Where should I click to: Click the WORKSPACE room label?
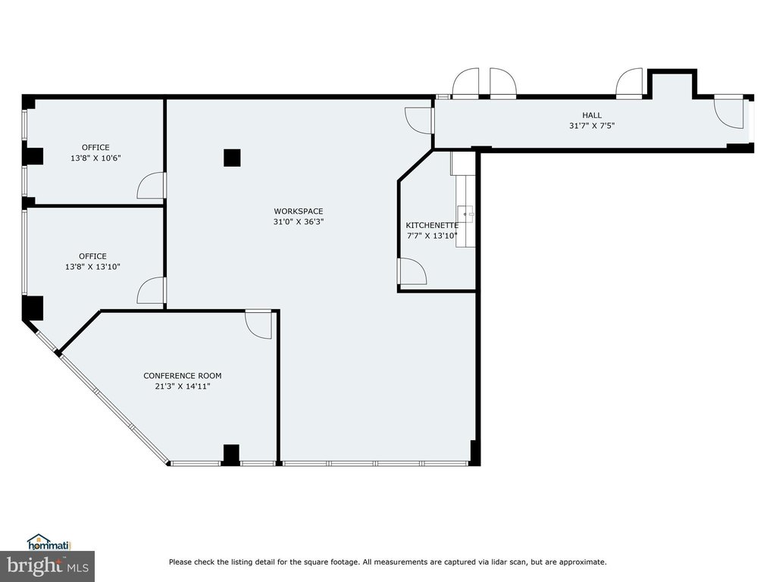pos(299,211)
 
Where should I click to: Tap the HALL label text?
pos(592,115)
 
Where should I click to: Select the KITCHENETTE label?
pos(432,225)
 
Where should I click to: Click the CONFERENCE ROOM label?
pos(183,376)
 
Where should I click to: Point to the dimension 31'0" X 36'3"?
pos(299,222)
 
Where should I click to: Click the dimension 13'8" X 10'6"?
pos(96,158)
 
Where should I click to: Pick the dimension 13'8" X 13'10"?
pos(93,267)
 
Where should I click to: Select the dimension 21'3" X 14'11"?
pos(183,386)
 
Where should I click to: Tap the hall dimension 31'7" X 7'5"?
pos(592,126)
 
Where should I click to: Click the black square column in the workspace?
pos(232,158)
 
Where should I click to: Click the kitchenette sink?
pos(465,214)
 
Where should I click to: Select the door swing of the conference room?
pos(258,325)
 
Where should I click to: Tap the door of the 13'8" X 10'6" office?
pos(151,186)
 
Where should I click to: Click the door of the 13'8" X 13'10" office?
pos(151,290)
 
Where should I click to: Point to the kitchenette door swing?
pos(411,272)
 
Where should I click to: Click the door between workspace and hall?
pos(418,120)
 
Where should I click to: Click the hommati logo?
pos(49,543)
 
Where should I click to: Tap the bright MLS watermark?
pos(48,566)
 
